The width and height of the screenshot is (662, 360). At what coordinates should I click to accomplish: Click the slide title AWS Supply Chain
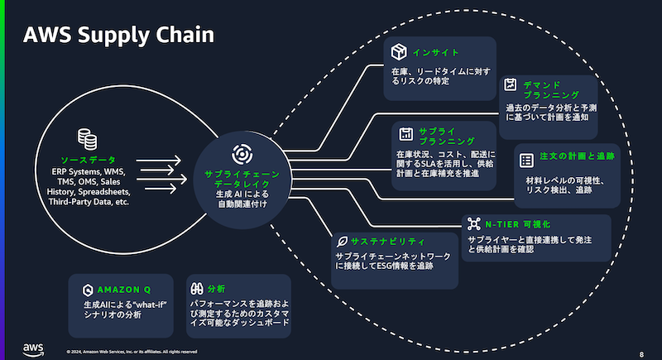tap(119, 35)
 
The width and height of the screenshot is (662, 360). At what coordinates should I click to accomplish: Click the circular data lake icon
tap(240, 155)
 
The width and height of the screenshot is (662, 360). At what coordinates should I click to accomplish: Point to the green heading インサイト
tap(436, 53)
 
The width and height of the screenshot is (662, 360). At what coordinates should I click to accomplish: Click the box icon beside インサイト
tap(400, 53)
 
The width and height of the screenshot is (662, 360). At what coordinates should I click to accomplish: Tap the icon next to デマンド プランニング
tap(511, 84)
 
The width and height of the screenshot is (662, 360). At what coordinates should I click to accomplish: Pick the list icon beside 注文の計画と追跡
tap(525, 158)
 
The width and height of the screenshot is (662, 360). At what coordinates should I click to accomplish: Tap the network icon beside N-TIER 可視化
tap(473, 223)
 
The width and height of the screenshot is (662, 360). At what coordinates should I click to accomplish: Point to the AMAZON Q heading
tap(124, 290)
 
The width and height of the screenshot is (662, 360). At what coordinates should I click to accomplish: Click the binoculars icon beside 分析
tap(199, 290)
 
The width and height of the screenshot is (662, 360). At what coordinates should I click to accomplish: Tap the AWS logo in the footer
tap(33, 348)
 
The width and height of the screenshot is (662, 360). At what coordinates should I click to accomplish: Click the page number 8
tap(641, 353)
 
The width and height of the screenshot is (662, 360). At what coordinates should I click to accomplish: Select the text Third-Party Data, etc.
tap(89, 201)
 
